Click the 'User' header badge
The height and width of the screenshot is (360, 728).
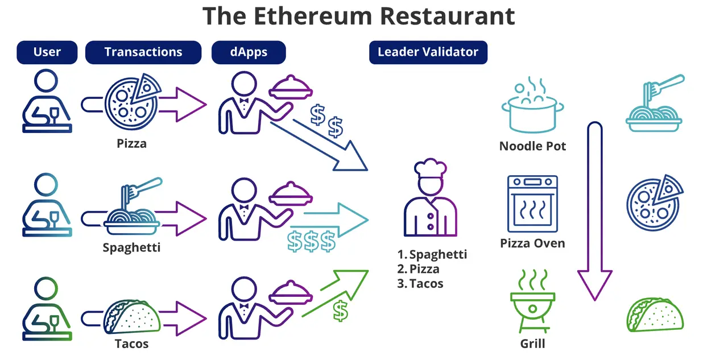pos(47,52)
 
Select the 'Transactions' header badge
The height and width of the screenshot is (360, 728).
pos(143,52)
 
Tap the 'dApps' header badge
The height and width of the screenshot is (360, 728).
pos(249,52)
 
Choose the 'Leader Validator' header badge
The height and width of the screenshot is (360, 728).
pos(428,52)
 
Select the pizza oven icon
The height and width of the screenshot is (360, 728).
pos(532,204)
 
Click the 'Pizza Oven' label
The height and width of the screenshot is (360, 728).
pos(532,243)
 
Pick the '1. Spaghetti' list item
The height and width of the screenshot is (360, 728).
pos(432,254)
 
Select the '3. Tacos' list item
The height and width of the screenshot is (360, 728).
pos(420,283)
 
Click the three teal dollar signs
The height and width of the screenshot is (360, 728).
pos(311,242)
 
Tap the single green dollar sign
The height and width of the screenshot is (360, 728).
pos(340,310)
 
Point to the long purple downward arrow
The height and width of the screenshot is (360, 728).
pos(595,210)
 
